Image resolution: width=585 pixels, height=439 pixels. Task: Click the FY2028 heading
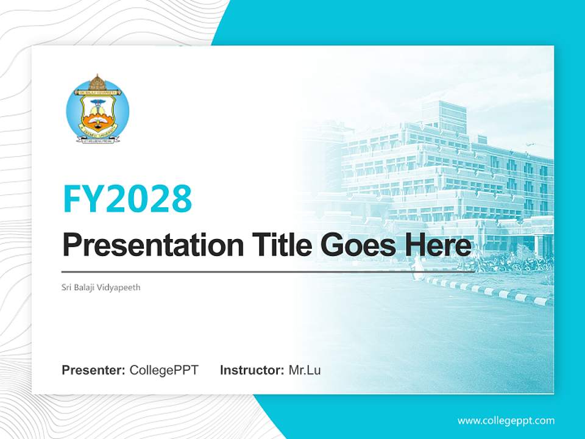(x=127, y=199)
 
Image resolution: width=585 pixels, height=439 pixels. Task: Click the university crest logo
(x=97, y=110)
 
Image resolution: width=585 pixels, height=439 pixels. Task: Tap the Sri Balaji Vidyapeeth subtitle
(x=101, y=287)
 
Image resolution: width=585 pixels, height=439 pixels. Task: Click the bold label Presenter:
(x=94, y=370)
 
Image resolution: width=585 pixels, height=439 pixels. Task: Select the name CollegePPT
(x=164, y=370)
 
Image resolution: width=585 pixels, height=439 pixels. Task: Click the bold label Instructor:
(x=252, y=370)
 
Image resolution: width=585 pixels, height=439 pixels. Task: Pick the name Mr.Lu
(x=305, y=370)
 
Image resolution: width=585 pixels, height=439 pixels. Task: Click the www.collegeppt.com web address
(x=506, y=421)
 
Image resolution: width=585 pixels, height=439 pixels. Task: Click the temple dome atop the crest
(x=97, y=82)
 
